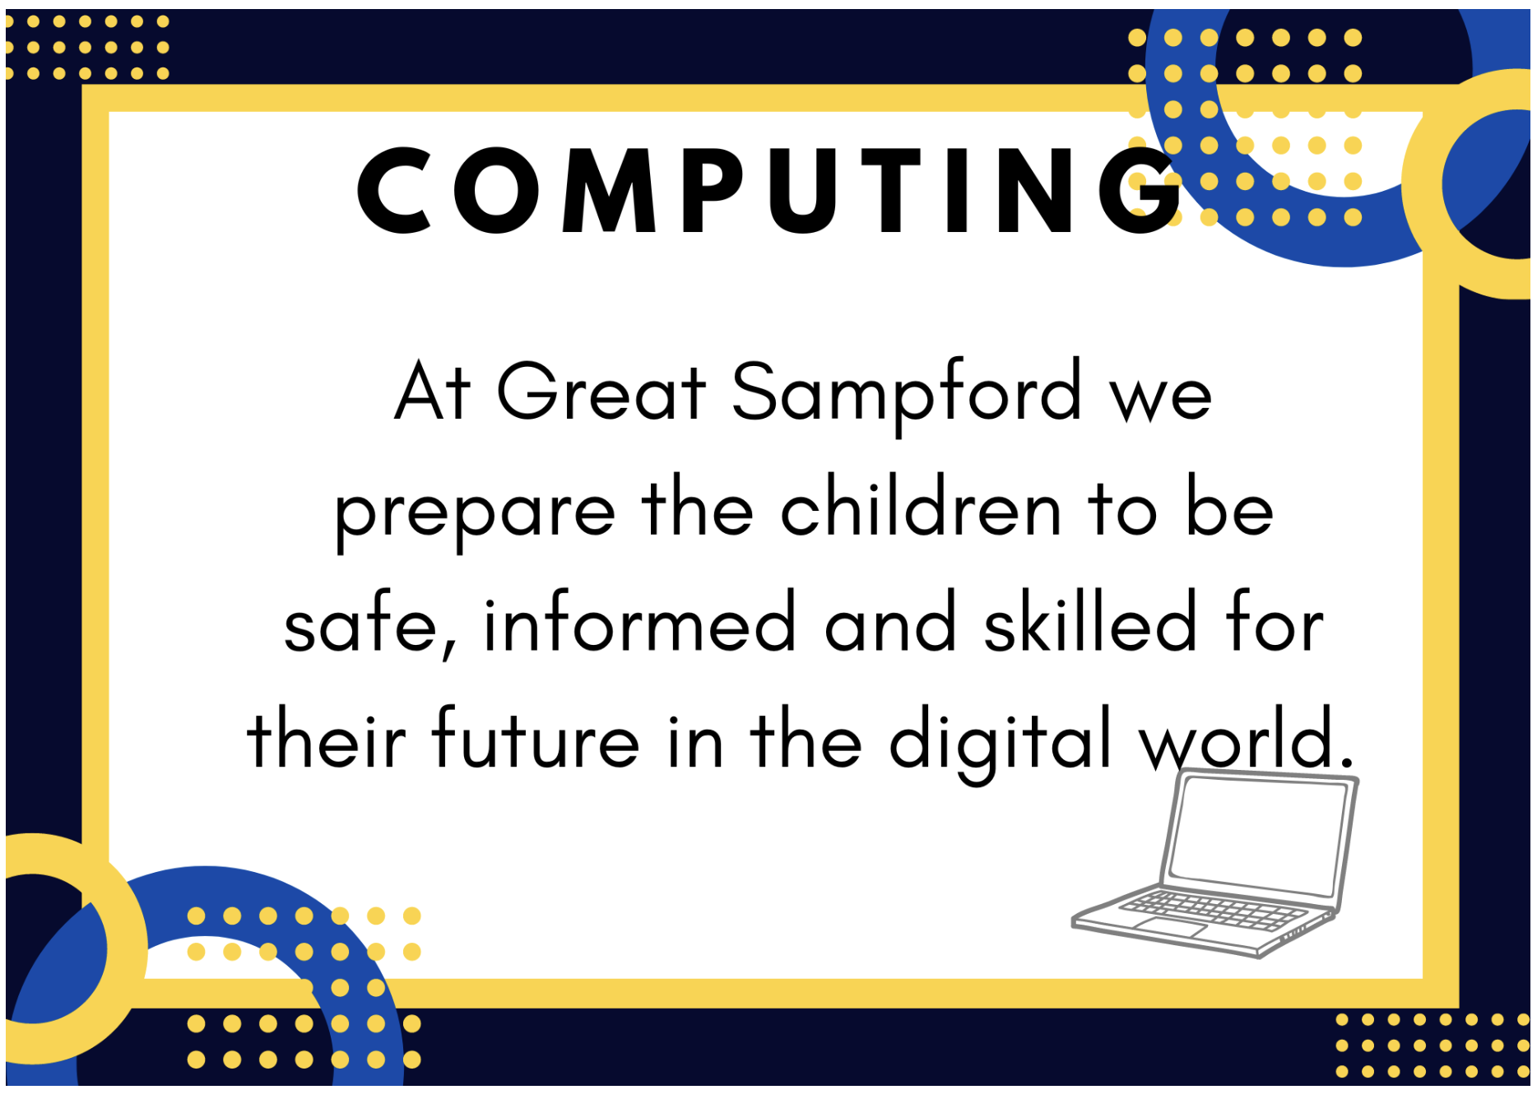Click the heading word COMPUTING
pyautogui.click(x=769, y=190)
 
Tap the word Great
pyautogui.click(x=601, y=391)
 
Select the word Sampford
pyautogui.click(x=907, y=396)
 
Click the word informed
pyautogui.click(x=640, y=619)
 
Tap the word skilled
pyautogui.click(x=1089, y=619)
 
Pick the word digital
pyautogui.click(x=1001, y=743)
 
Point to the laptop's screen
pyautogui.click(x=1258, y=837)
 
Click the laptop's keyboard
pyautogui.click(x=1213, y=911)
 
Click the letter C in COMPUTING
pyautogui.click(x=394, y=190)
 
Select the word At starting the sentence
pyautogui.click(x=432, y=391)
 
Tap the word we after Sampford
pyautogui.click(x=1161, y=400)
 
